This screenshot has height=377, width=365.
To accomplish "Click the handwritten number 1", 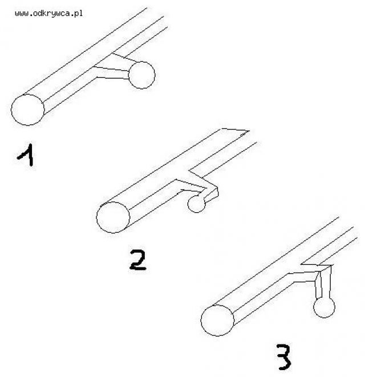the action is [27, 155].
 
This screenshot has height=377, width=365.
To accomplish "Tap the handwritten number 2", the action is [137, 260].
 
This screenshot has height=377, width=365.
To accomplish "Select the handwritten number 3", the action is [283, 357].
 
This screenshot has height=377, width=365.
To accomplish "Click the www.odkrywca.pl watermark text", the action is [48, 13].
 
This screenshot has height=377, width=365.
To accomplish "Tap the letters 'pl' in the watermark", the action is [78, 14].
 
